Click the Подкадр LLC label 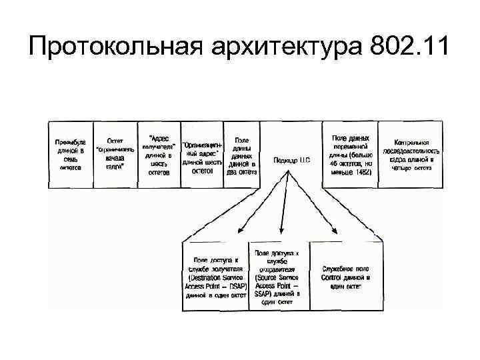(292, 160)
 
